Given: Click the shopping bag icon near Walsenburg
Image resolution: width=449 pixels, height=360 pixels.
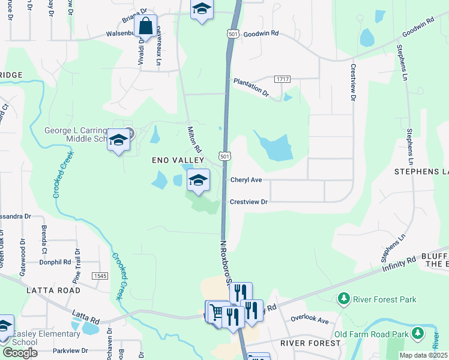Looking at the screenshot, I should [x=146, y=27].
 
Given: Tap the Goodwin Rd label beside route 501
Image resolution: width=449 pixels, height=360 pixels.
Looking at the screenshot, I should [x=262, y=35].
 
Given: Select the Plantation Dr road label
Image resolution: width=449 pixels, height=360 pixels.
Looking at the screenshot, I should [x=251, y=86].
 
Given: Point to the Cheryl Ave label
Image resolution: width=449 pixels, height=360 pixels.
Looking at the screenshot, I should [x=246, y=179].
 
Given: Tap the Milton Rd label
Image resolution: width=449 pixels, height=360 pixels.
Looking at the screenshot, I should [x=194, y=139].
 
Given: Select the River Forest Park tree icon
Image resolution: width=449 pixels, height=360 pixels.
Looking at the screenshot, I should [x=343, y=298].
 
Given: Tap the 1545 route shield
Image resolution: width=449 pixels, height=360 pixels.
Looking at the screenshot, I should [x=100, y=275].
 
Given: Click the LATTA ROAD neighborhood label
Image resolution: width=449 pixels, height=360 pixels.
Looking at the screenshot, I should [x=53, y=290].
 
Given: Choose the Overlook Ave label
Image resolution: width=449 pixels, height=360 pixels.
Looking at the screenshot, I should [x=310, y=320].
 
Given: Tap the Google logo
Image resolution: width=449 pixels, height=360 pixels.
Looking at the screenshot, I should [x=20, y=352].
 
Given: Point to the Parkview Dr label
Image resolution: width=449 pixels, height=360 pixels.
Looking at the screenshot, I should [x=70, y=350].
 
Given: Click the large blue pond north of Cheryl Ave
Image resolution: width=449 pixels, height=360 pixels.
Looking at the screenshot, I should [x=274, y=146].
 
